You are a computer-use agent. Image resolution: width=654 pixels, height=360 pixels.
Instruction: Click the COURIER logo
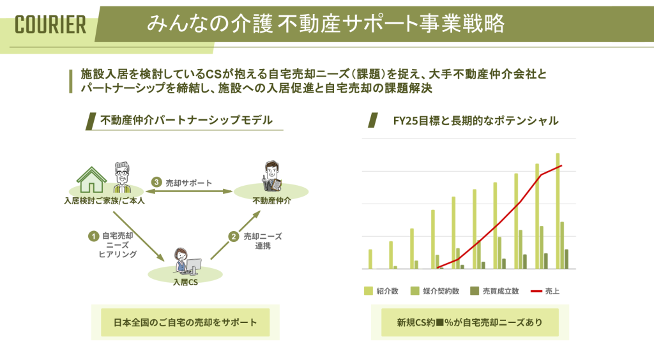point(50,25)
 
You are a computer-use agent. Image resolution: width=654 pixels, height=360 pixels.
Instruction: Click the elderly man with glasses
point(122,177)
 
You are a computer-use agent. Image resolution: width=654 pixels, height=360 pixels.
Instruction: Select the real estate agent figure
point(271,176)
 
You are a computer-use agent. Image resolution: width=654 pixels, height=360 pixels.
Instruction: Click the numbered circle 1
point(93,236)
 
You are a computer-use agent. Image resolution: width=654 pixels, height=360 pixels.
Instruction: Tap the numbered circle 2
point(234,237)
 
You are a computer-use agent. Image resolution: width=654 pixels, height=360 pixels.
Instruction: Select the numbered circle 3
point(156,182)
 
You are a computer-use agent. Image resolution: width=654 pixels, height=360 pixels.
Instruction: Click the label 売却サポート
point(189,183)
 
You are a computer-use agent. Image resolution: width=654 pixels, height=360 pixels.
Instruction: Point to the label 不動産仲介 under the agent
point(272,201)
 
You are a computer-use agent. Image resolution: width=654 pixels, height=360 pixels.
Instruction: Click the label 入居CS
point(185,282)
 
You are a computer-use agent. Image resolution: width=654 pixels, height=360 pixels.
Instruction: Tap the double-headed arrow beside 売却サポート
point(189,191)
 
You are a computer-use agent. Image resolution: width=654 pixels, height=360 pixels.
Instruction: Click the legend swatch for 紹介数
point(369,291)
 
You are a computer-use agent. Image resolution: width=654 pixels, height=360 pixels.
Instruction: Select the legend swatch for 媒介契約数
point(414,291)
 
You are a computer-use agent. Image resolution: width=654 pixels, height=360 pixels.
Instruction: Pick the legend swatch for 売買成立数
point(475,291)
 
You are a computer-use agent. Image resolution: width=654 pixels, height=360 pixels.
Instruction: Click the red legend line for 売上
point(536,291)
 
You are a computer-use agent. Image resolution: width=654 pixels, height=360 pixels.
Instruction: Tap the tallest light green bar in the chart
point(558,211)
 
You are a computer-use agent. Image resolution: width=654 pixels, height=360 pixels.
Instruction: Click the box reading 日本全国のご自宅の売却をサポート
point(185,322)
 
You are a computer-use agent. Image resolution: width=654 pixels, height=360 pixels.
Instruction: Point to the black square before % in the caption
point(439,322)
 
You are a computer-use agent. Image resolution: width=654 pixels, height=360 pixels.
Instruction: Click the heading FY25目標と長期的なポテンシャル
point(475,121)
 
